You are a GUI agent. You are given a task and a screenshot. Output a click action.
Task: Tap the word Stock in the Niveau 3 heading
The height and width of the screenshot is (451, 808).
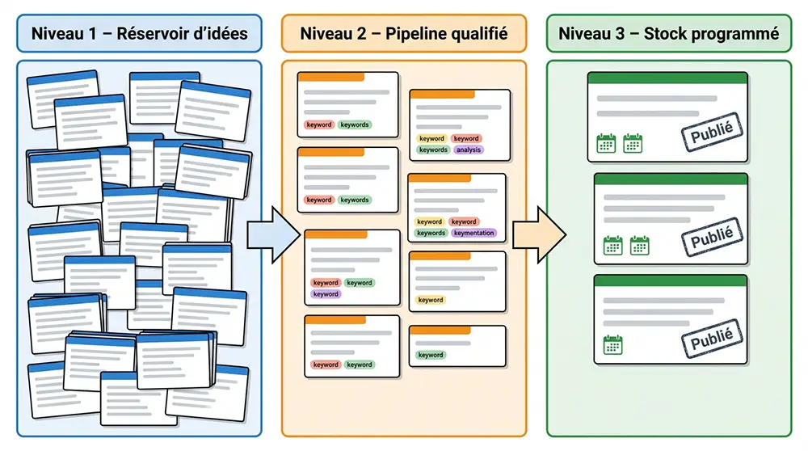coord(666,34)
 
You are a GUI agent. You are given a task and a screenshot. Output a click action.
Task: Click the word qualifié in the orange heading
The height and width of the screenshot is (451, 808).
coord(481,34)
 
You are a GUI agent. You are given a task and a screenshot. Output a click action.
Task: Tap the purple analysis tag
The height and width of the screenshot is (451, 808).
coord(469,150)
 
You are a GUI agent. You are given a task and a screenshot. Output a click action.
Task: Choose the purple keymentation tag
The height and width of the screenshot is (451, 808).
coord(474,233)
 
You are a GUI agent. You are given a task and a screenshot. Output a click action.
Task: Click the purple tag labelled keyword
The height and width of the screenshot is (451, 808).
coord(326,294)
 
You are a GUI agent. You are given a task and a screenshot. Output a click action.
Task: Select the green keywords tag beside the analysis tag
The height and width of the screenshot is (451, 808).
coord(433,150)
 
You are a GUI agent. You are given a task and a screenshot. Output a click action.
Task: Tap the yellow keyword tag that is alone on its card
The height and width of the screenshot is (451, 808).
coord(431,300)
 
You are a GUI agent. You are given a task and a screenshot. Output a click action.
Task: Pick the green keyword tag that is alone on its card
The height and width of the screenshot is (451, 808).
coord(430,355)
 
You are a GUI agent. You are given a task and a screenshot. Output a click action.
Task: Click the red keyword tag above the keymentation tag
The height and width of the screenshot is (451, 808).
coord(464,221)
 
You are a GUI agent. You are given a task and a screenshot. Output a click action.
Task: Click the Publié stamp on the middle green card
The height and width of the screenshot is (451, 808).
coord(711,237)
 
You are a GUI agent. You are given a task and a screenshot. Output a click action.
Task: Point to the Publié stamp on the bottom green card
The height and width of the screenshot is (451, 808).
coord(711,339)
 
